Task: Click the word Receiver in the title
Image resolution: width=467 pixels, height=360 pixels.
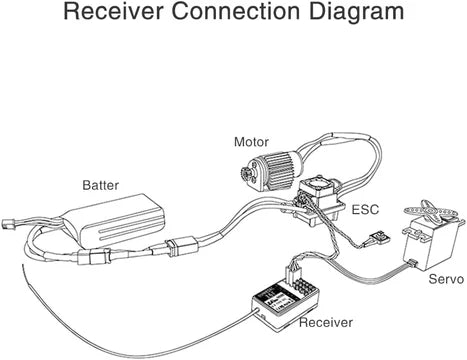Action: pos(113,11)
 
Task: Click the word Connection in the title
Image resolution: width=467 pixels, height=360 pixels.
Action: pos(236,11)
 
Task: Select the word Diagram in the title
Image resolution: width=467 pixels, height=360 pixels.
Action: pos(356,13)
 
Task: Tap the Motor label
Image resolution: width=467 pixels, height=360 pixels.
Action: pos(251,142)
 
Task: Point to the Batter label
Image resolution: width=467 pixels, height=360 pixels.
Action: pos(100,185)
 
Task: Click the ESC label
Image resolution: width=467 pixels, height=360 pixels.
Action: pos(365,210)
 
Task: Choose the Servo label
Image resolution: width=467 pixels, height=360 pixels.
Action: pos(446,279)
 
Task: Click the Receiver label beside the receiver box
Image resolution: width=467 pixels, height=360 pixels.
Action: pos(326,322)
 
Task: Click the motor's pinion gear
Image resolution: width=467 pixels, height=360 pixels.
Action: pos(245,173)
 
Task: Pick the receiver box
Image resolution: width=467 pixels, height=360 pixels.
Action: pos(285,305)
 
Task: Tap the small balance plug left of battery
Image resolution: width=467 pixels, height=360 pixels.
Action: pos(7,224)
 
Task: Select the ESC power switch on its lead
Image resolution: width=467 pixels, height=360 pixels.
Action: pos(378,237)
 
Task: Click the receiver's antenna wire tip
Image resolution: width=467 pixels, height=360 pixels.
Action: pos(23,265)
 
